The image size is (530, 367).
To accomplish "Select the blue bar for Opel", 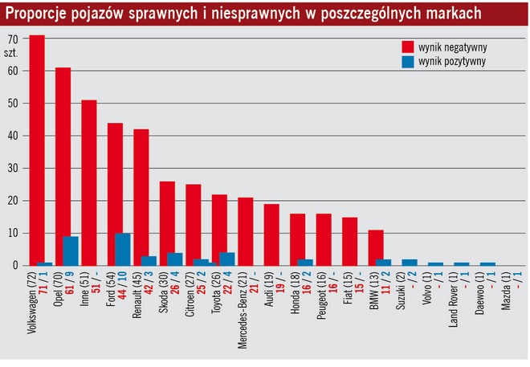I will pos(71,251).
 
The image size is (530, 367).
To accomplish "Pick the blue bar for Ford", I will pos(123,249).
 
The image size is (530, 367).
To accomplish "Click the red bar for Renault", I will pos(141,197).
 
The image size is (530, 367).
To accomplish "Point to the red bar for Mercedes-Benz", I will pos(246,231).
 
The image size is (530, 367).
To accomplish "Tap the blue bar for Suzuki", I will pos(410,262).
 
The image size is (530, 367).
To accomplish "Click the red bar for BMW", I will pos(376,247).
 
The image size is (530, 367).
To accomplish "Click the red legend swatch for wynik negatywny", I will pos(407,47).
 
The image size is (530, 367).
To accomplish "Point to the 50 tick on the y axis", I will pos(12,104).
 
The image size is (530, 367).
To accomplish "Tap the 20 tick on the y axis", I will pos(12,201).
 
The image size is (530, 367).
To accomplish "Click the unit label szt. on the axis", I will pos(12,52).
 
